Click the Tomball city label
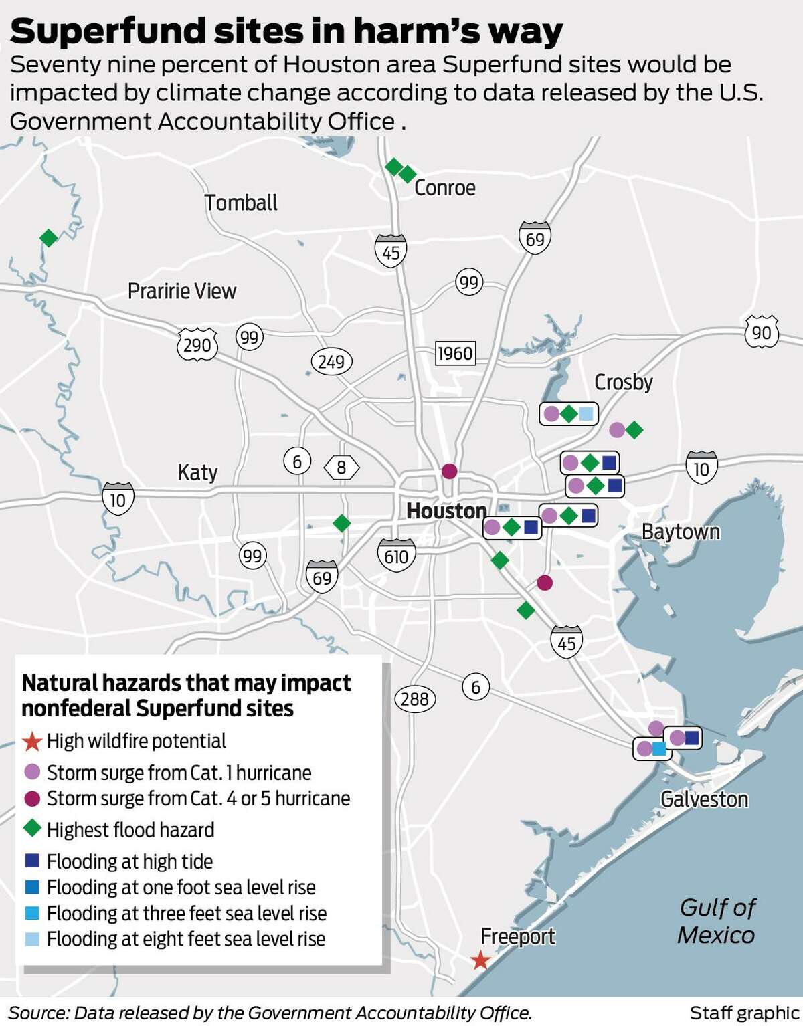(241, 203)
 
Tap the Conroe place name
(445, 188)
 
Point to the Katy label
(197, 472)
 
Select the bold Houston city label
(446, 511)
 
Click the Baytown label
(681, 532)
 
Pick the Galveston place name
(704, 799)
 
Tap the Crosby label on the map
(623, 382)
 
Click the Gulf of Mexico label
(716, 921)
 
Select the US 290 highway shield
(197, 344)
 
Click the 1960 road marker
(454, 353)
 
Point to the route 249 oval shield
(331, 362)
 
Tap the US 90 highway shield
(762, 332)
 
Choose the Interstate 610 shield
(396, 555)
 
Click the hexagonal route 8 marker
(341, 467)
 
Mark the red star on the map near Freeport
(480, 961)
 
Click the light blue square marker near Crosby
(586, 414)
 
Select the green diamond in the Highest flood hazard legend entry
(33, 830)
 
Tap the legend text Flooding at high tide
(130, 861)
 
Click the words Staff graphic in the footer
(744, 1013)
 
